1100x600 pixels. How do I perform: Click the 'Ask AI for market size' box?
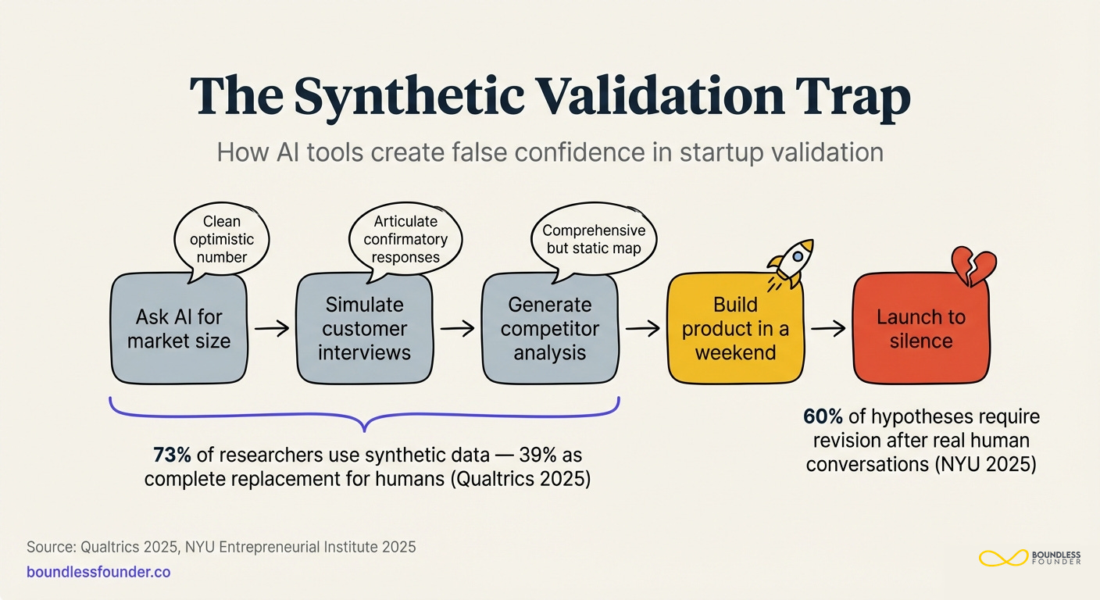tap(179, 328)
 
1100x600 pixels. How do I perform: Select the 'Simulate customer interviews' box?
tap(364, 328)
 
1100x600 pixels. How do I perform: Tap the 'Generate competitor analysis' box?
tap(549, 328)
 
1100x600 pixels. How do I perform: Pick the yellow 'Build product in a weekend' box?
tap(735, 328)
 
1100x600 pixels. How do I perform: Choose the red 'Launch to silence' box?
tap(920, 329)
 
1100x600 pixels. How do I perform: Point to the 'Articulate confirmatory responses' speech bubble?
tap(405, 238)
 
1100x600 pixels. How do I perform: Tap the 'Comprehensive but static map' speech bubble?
tap(594, 238)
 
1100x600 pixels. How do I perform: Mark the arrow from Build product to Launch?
tap(828, 329)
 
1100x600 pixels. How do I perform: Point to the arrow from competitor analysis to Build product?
tap(642, 329)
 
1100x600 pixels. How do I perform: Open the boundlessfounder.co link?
tap(98, 572)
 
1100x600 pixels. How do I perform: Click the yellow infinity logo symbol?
tap(1002, 558)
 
